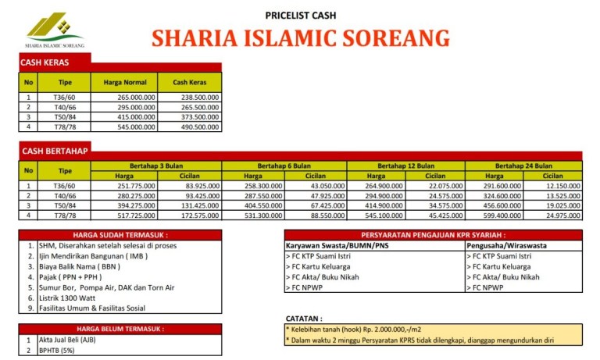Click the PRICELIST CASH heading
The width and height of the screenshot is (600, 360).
pyautogui.click(x=301, y=14)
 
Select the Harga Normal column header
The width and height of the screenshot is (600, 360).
pyautogui.click(x=124, y=82)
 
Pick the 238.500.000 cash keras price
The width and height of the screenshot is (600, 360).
pyautogui.click(x=189, y=97)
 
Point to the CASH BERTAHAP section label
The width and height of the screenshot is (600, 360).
pyautogui.click(x=55, y=151)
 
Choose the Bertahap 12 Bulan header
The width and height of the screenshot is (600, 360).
pyautogui.click(x=405, y=166)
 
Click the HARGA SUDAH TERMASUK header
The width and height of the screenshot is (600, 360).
pyautogui.click(x=120, y=234)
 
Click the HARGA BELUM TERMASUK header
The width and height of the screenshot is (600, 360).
pyautogui.click(x=120, y=329)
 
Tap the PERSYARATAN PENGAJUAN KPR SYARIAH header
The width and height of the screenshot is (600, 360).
pyautogui.click(x=433, y=234)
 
